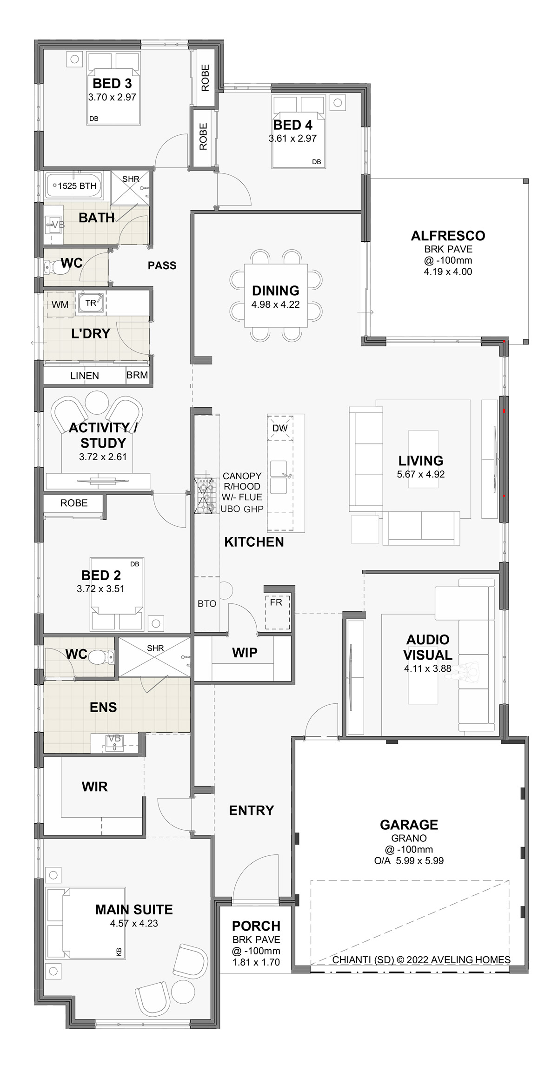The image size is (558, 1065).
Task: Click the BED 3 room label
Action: [112, 84]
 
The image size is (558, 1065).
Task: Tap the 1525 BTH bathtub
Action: [74, 186]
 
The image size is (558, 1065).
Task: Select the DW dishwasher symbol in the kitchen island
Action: [280, 428]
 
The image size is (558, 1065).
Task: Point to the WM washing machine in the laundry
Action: [60, 304]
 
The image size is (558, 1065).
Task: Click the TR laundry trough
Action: [91, 303]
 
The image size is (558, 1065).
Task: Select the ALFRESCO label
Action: [448, 236]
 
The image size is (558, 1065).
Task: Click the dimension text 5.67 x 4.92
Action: [420, 475]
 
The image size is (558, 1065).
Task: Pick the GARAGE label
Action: [409, 825]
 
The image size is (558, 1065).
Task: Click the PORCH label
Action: [256, 926]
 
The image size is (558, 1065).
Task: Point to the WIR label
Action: [94, 787]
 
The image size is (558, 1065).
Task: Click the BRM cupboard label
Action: [137, 375]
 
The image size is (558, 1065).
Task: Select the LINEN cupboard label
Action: [85, 376]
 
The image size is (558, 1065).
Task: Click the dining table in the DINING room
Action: [276, 296]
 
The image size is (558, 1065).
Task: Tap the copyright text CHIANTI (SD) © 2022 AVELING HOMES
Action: [421, 960]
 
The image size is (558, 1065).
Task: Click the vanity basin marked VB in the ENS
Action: [114, 743]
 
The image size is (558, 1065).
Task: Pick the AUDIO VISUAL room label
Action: [427, 647]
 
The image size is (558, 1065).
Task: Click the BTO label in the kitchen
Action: [207, 603]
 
